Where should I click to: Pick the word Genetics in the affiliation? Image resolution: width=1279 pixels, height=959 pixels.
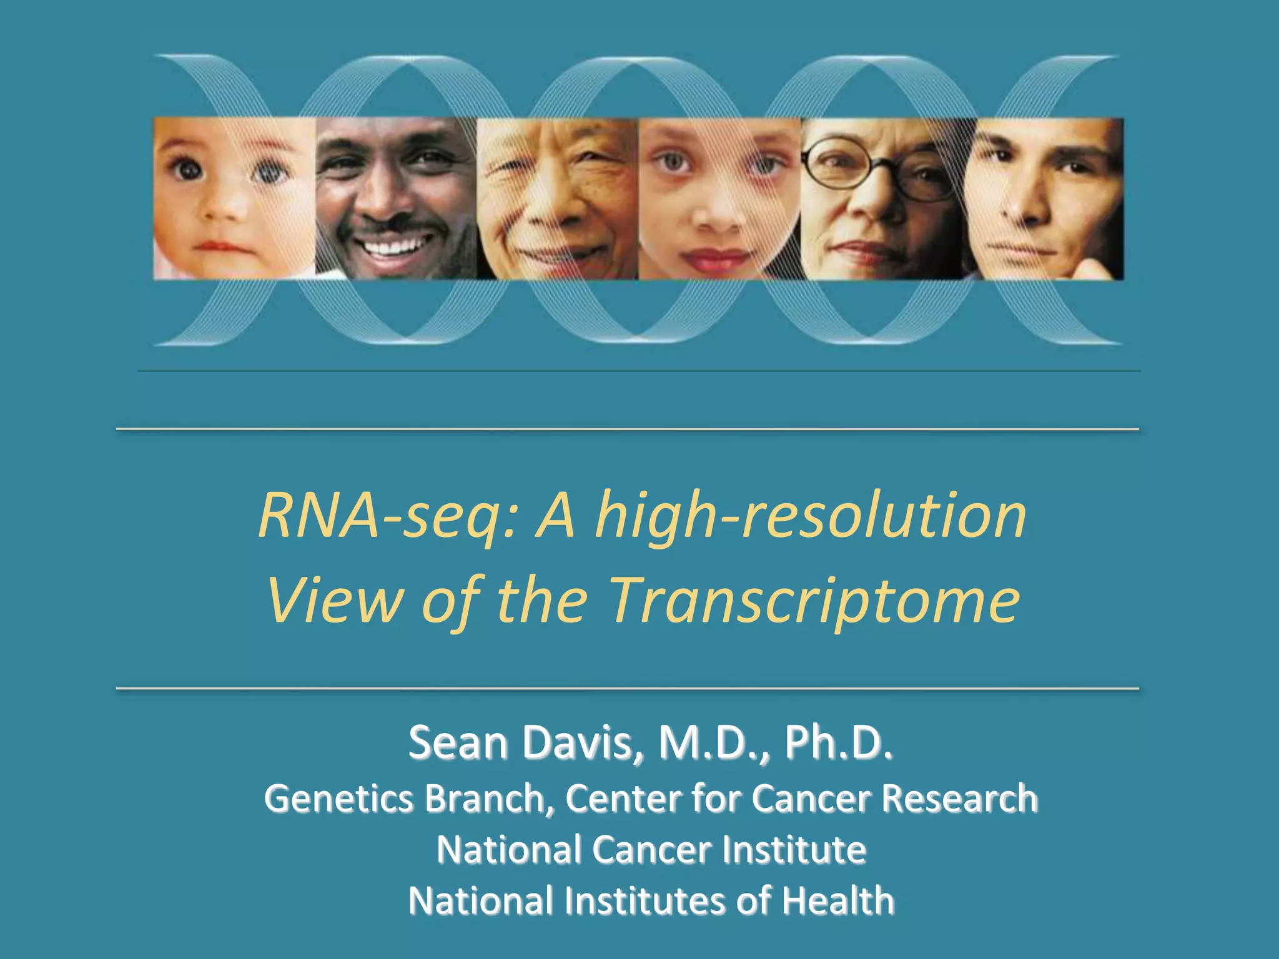point(338,799)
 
